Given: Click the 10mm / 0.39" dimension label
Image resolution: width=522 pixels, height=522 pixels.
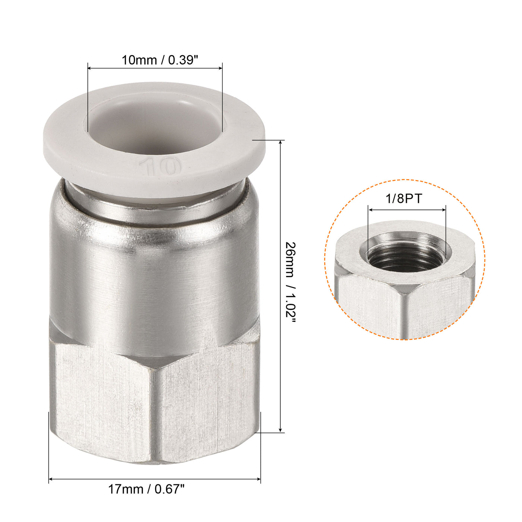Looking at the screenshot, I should [x=160, y=60].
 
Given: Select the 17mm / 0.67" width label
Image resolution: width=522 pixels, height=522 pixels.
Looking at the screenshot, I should [x=147, y=489].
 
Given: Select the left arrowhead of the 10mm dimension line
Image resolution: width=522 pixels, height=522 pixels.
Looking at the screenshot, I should [x=90, y=68].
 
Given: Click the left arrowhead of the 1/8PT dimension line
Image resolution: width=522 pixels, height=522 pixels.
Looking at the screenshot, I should [x=370, y=210].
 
